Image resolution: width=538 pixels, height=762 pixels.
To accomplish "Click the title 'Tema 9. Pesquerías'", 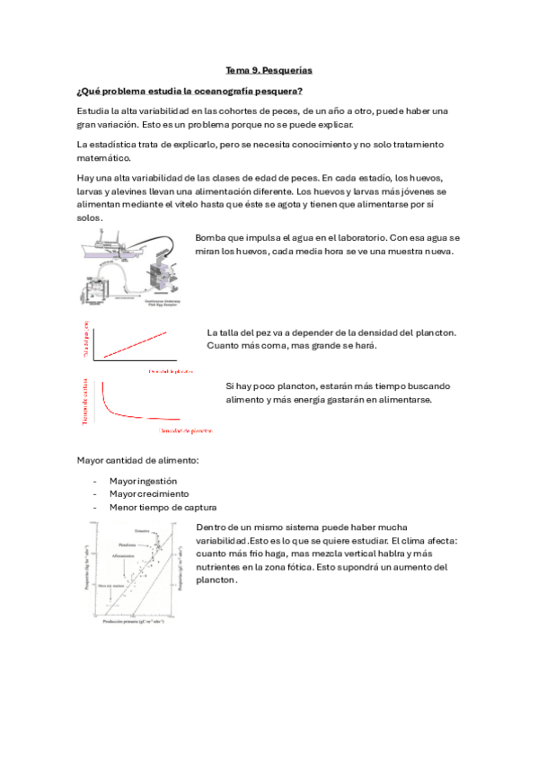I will pyautogui.click(x=269, y=70).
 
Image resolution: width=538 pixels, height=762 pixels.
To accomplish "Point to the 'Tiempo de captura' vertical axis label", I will pyautogui.click(x=85, y=401).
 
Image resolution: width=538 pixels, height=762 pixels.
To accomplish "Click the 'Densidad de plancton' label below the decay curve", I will pyautogui.click(x=186, y=431).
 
